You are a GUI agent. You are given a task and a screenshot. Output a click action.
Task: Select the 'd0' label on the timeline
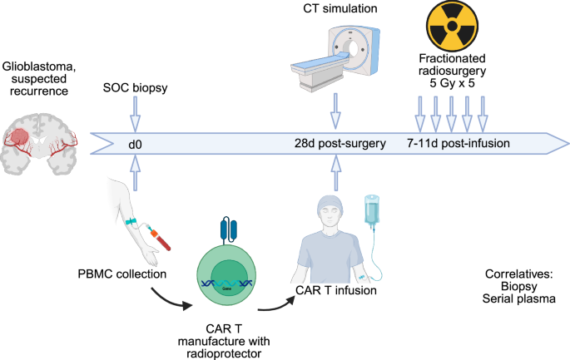tap(135, 143)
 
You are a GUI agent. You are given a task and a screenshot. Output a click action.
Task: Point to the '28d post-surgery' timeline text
tap(341, 143)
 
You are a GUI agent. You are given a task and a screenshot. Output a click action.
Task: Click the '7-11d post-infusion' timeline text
tap(458, 143)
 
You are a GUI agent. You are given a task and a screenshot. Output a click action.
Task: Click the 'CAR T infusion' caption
tap(332, 291)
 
